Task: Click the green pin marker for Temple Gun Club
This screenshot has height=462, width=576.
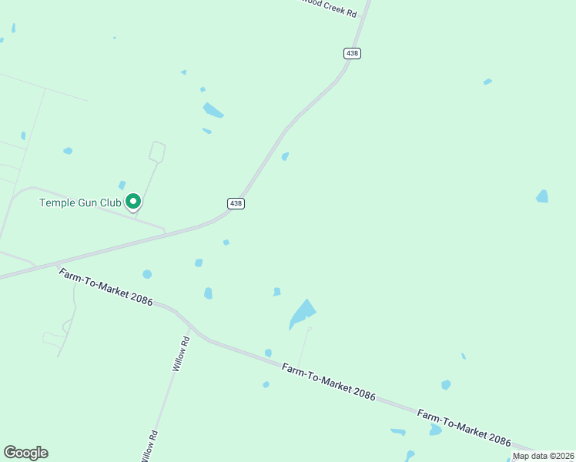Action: [133, 202]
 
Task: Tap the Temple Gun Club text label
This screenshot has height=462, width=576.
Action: [80, 203]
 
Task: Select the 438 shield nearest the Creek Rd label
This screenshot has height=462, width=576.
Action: [352, 53]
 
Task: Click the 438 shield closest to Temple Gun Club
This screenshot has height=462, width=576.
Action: [236, 203]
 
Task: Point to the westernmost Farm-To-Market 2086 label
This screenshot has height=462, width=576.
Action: [106, 286]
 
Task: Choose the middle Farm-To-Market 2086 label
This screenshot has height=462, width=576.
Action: [328, 382]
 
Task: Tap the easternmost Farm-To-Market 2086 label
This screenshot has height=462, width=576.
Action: [464, 428]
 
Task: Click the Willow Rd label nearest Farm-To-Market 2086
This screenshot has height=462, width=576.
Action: [181, 355]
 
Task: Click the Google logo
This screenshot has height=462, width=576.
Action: [25, 453]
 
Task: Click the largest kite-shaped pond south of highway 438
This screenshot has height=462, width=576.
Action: [303, 313]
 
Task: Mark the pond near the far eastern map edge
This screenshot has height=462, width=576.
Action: [543, 196]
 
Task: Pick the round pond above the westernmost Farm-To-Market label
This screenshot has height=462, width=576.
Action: [147, 274]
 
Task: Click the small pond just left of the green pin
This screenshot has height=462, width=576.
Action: [122, 186]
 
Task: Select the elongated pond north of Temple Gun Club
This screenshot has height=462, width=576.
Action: [213, 111]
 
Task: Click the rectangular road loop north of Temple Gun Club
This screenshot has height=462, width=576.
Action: [158, 151]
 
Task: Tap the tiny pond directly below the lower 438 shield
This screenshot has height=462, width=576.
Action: [226, 243]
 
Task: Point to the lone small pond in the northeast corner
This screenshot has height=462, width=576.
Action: [487, 82]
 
